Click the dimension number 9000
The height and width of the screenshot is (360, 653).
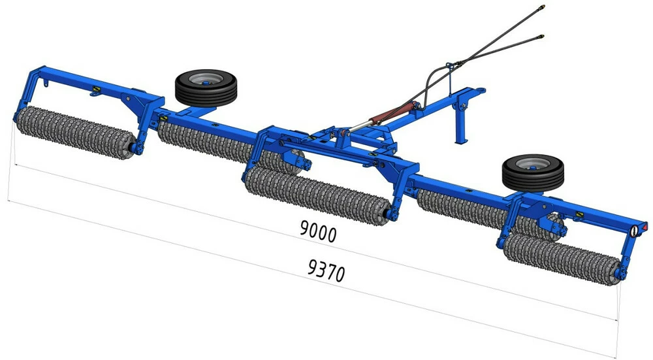click(318, 231)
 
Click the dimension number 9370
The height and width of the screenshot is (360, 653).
click(326, 270)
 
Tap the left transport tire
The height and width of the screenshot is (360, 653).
click(206, 88)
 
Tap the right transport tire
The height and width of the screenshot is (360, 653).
click(533, 173)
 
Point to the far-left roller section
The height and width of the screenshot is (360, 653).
click(76, 132)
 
